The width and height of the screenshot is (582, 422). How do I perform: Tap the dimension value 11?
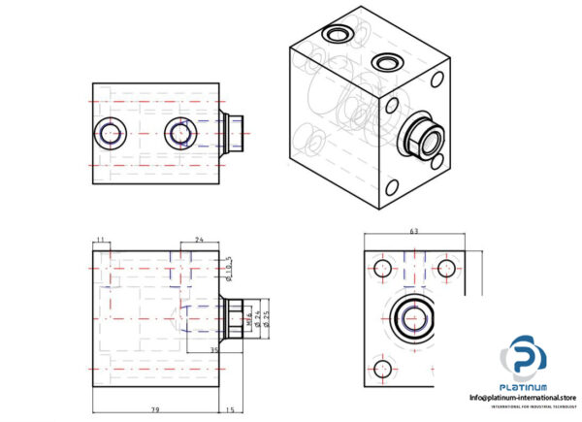click(x=100, y=240)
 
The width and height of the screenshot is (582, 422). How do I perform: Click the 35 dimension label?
click(x=215, y=349)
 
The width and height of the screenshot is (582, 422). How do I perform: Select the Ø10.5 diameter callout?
click(x=231, y=265)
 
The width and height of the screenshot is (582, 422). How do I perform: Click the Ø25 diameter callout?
click(x=266, y=318)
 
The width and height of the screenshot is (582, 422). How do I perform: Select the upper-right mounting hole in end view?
click(x=448, y=268)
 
